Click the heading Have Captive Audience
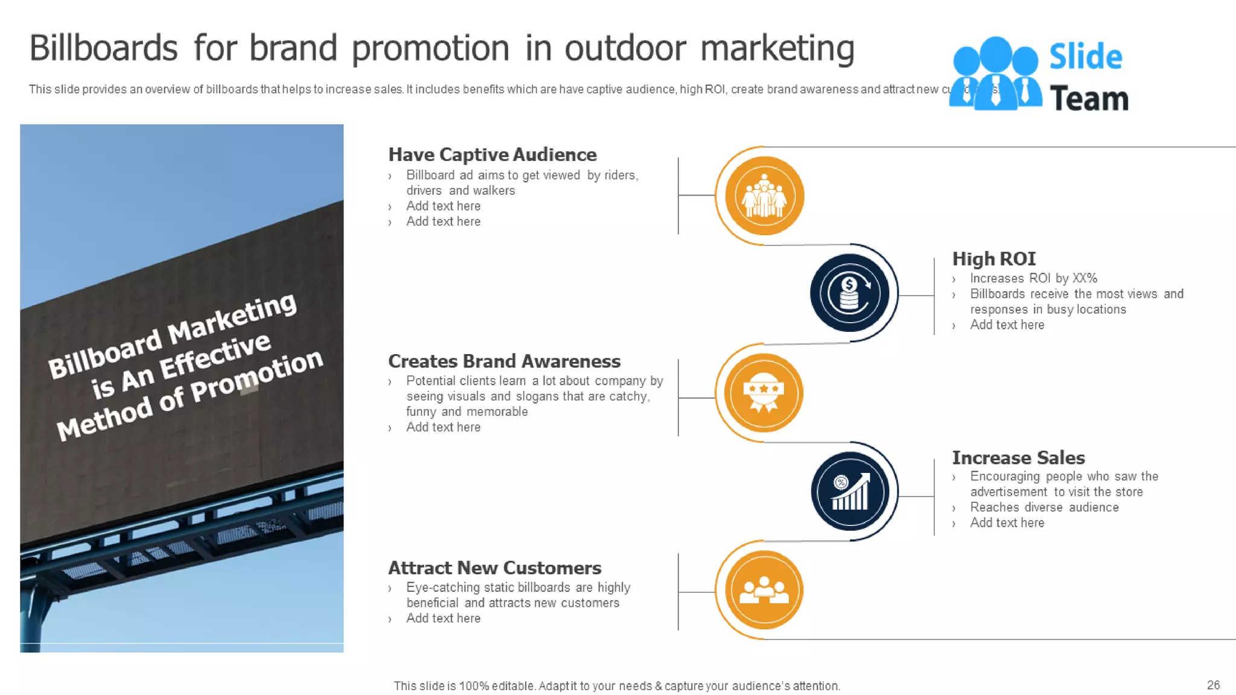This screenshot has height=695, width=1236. [x=492, y=154]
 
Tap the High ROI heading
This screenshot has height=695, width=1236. [x=993, y=259]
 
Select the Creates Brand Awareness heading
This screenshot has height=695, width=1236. [x=504, y=361]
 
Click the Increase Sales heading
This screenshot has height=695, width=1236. [x=1018, y=457]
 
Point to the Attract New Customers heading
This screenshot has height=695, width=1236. [x=494, y=568]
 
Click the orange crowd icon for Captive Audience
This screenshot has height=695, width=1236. [x=764, y=195]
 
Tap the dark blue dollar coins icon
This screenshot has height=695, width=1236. [x=849, y=293]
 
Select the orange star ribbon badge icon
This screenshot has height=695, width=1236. [x=763, y=393]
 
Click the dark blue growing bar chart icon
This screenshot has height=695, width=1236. [x=850, y=491]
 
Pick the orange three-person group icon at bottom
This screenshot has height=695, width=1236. [x=764, y=590]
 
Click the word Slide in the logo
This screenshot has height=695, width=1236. [x=1085, y=57]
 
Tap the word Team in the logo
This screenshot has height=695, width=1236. [x=1089, y=99]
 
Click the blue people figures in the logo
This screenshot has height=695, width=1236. [x=995, y=74]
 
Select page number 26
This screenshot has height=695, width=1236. [x=1213, y=685]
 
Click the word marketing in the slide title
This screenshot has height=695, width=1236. [x=777, y=48]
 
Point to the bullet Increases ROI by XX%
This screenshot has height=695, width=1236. [x=1033, y=278]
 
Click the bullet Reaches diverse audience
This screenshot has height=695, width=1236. [x=1044, y=507]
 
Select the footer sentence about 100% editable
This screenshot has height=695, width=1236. [x=617, y=686]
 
